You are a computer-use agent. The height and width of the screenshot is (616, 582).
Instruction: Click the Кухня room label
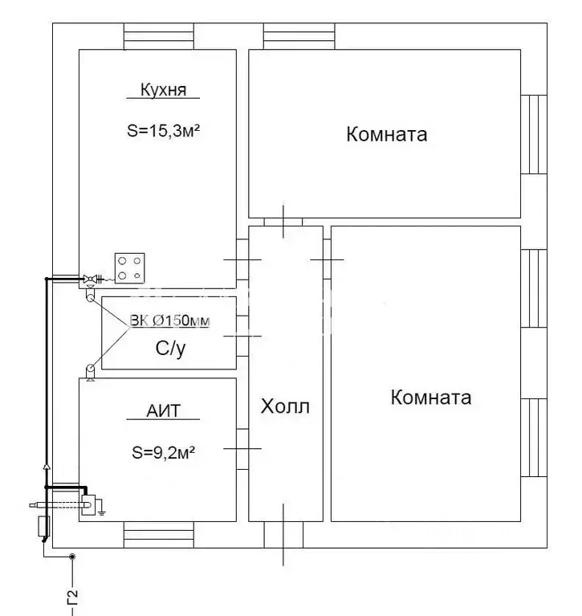click(x=164, y=90)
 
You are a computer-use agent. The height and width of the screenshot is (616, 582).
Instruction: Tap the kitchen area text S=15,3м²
click(x=164, y=130)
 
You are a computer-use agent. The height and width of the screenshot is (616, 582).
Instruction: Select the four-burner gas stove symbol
click(x=129, y=268)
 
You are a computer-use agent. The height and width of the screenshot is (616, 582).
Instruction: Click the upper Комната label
click(x=386, y=134)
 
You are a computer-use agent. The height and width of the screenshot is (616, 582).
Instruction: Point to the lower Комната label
click(x=431, y=398)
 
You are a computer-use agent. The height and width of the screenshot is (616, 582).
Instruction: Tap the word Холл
click(x=285, y=406)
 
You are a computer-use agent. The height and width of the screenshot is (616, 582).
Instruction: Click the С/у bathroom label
click(x=170, y=349)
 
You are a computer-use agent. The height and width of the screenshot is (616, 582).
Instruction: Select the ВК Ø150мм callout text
click(x=169, y=320)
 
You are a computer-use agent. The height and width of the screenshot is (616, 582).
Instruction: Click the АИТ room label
click(x=164, y=411)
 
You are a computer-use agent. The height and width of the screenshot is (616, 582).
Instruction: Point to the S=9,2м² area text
click(x=164, y=453)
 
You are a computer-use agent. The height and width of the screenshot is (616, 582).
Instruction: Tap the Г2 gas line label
click(x=73, y=598)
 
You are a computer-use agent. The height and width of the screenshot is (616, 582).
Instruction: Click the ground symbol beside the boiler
click(x=101, y=508)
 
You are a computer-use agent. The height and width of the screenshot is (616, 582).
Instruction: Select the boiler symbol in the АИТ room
click(x=88, y=505)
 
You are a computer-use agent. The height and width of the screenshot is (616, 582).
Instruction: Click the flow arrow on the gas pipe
click(x=47, y=467)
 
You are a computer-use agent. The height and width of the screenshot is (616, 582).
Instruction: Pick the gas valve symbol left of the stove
click(x=91, y=279)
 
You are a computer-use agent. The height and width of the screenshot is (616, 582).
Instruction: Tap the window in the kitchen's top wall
click(x=159, y=36)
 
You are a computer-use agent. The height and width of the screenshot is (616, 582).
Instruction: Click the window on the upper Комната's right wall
click(x=534, y=134)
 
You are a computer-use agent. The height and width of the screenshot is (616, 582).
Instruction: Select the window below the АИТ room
click(x=159, y=535)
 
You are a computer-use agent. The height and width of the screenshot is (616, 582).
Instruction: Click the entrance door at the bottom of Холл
click(x=283, y=535)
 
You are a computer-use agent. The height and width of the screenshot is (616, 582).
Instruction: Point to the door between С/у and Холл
click(x=242, y=337)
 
